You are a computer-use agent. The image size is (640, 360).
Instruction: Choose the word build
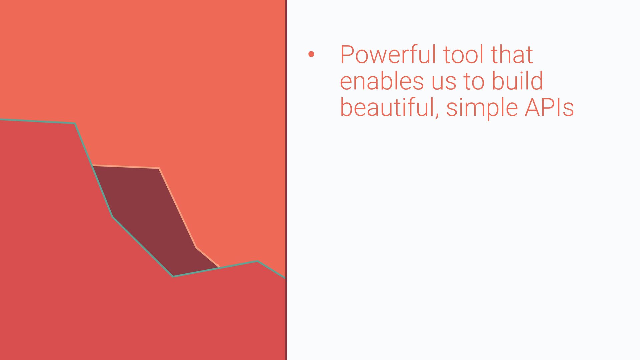(517, 81)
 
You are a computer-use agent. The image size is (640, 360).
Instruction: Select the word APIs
(549, 107)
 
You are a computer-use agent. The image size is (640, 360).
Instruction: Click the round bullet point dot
(311, 54)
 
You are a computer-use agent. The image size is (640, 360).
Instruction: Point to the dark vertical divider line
(286, 180)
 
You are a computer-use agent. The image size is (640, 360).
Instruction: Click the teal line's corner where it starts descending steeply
(75, 124)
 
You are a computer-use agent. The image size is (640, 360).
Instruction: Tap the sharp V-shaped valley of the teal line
(173, 276)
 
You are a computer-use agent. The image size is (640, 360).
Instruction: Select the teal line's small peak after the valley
(257, 261)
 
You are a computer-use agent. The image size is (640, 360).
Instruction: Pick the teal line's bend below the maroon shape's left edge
(113, 217)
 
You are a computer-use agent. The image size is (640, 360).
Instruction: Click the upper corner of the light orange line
(159, 168)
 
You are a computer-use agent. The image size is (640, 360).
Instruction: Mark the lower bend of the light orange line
(196, 247)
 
